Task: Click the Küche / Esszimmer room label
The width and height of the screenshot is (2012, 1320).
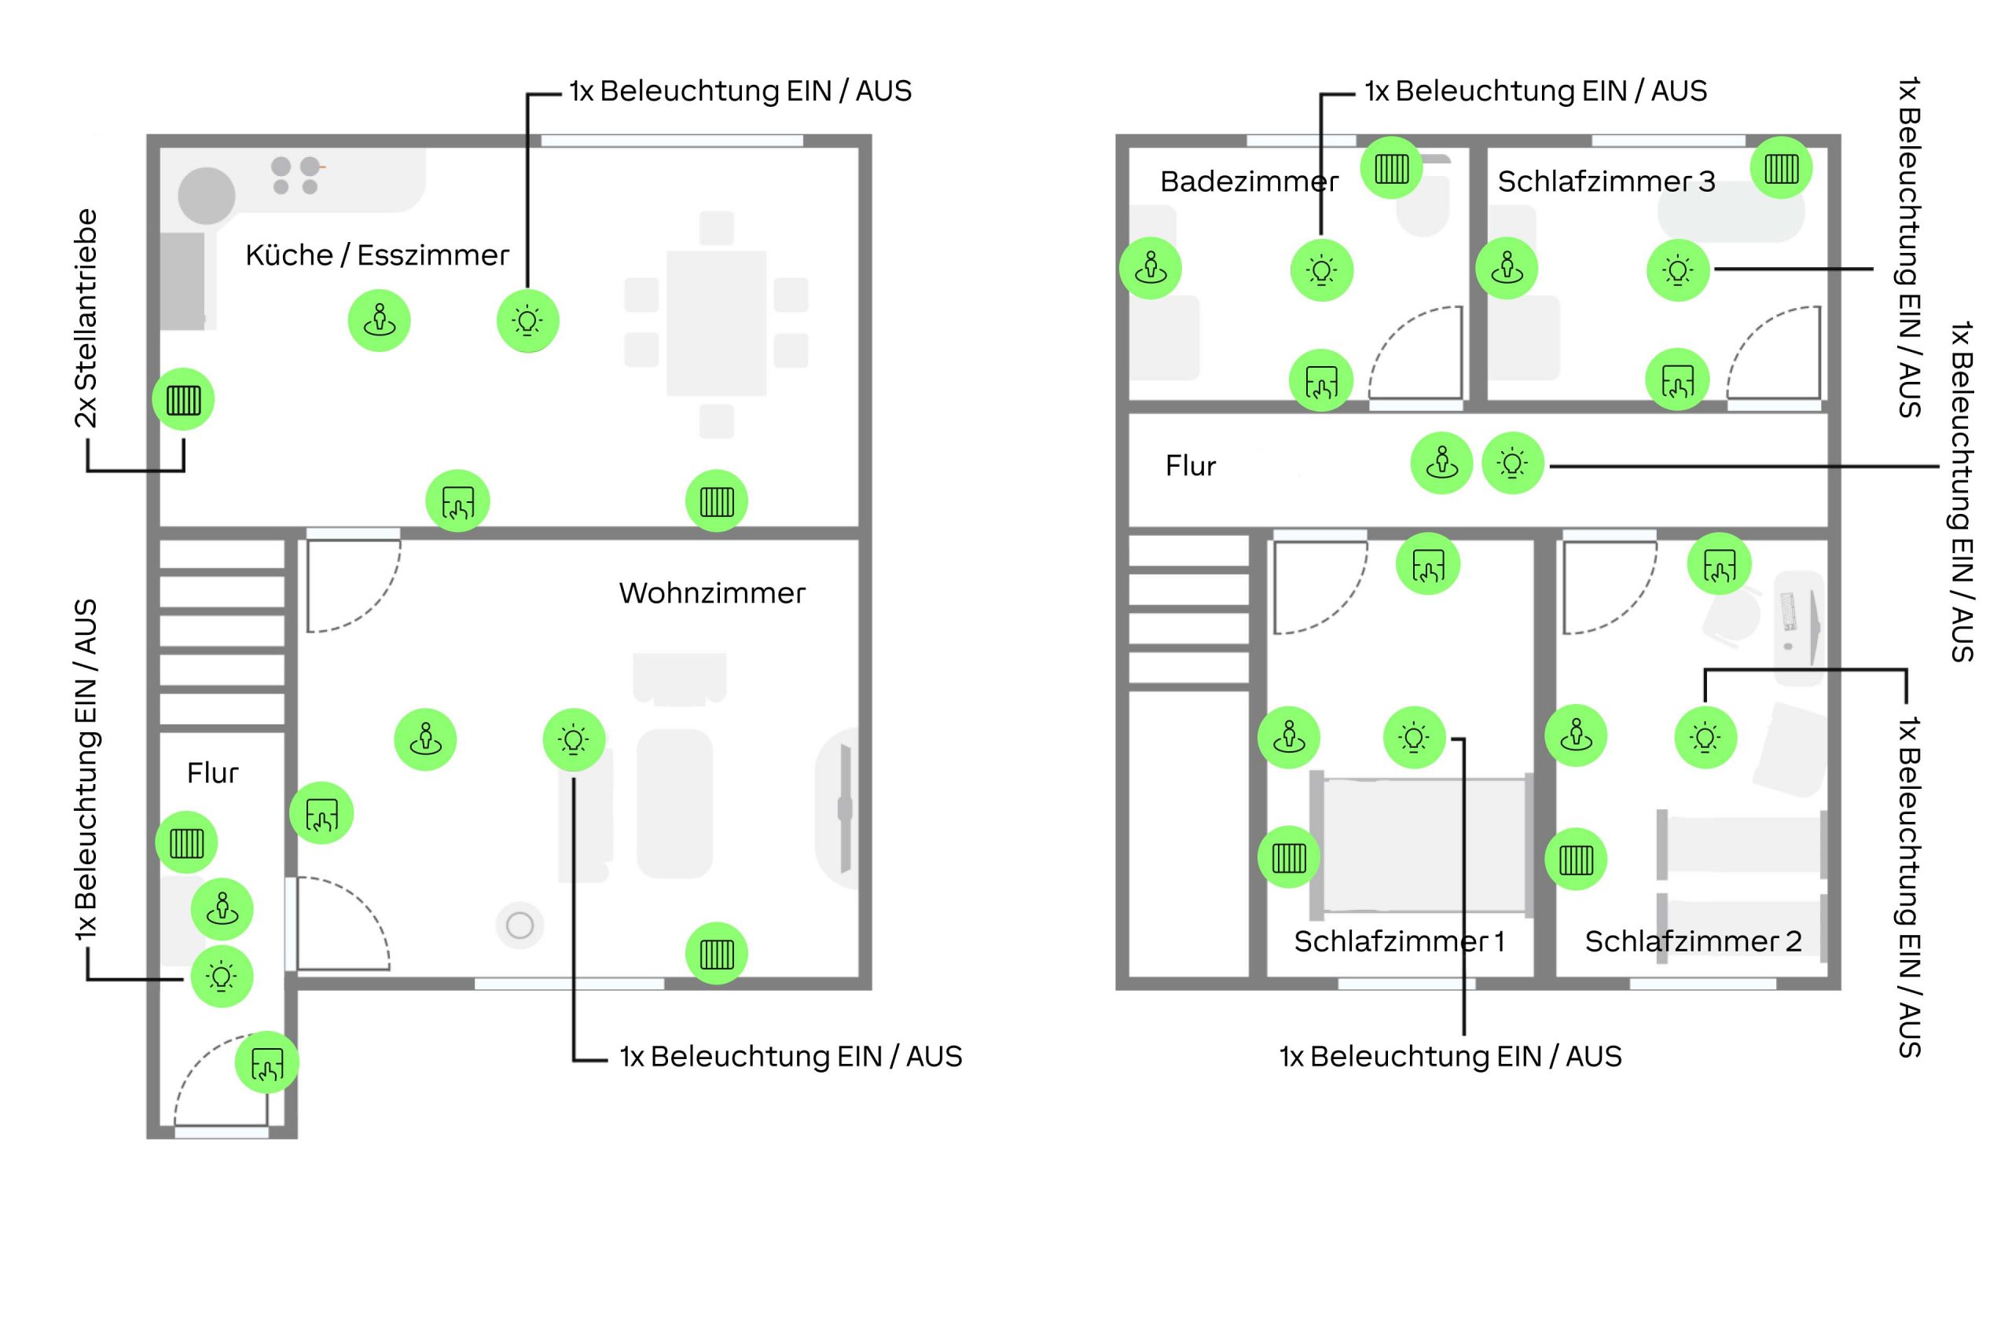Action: [377, 255]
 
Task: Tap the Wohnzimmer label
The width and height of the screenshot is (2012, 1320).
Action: [712, 593]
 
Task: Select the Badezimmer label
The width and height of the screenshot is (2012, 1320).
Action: [1249, 181]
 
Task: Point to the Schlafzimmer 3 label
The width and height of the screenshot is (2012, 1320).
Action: [1606, 181]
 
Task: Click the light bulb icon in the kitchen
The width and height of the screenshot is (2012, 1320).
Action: [527, 321]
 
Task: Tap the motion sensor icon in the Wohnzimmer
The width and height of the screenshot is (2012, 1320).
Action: [425, 739]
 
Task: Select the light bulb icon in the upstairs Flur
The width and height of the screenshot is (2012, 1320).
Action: [1512, 463]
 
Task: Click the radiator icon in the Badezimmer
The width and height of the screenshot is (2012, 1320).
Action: [1391, 168]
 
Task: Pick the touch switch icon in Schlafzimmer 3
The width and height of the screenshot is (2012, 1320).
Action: [1677, 380]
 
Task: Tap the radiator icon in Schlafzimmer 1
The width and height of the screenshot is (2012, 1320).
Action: [1289, 858]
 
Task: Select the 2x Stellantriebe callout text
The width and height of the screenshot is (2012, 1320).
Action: [86, 318]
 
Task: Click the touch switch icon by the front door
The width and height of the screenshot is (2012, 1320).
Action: [267, 1063]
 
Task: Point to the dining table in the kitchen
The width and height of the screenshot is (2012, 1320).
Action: [716, 324]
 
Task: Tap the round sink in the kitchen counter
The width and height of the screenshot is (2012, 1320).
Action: [206, 195]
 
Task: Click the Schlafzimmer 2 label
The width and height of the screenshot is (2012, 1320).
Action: [1692, 941]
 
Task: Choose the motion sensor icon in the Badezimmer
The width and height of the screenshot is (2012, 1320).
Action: [1151, 269]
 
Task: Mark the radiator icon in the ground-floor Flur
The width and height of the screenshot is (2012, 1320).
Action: [187, 842]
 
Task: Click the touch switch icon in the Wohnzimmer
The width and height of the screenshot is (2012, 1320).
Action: [321, 814]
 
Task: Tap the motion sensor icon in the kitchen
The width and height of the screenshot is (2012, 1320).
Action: [380, 321]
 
